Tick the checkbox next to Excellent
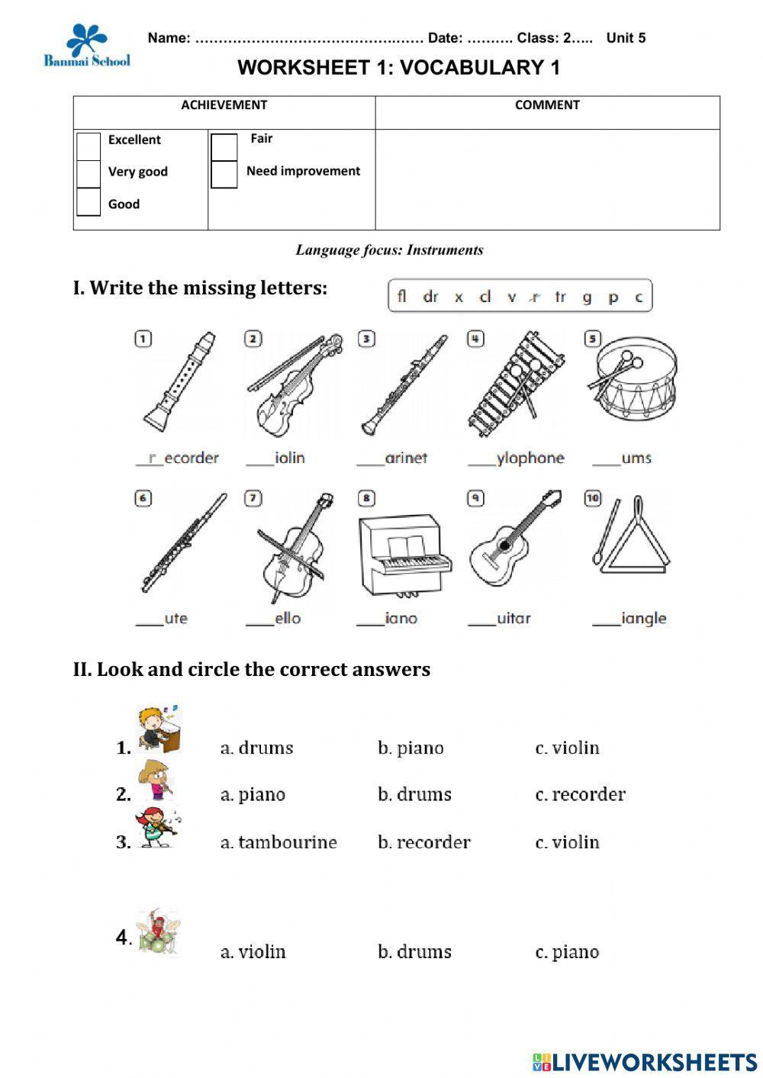coord(89,146)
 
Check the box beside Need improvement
coord(224,174)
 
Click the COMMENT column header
coord(547,105)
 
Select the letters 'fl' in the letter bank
coord(402,297)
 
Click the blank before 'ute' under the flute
coord(149,619)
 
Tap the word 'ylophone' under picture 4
coord(530,458)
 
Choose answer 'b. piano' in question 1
coord(410,748)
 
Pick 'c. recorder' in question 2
coord(580,795)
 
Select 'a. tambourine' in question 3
coord(278,842)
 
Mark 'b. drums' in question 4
coord(414,952)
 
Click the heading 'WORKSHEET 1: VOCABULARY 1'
coord(398,68)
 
